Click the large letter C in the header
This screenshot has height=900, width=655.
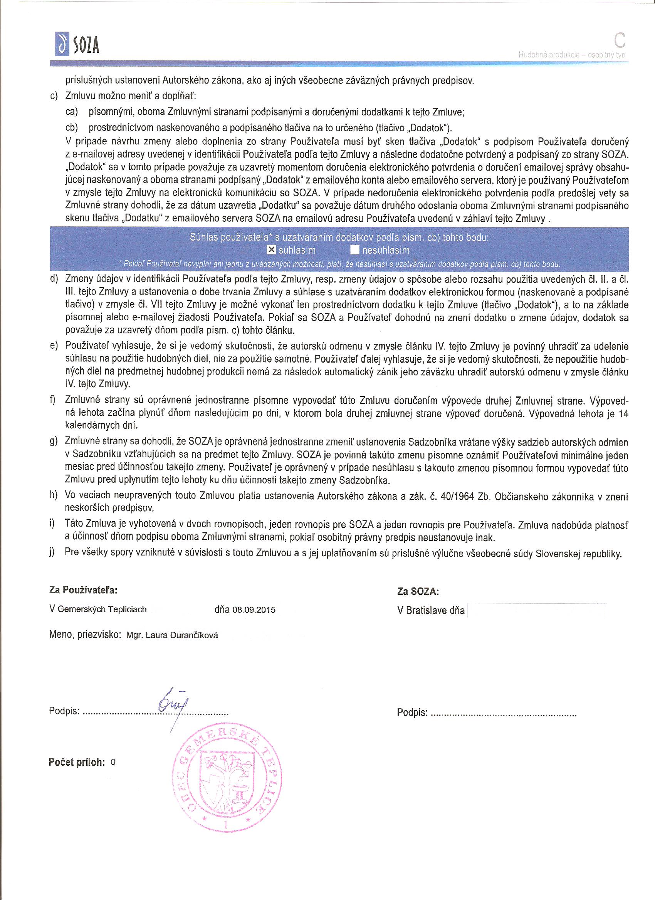click(619, 40)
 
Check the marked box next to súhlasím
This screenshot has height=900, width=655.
click(271, 250)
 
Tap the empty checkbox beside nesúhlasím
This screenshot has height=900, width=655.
click(355, 250)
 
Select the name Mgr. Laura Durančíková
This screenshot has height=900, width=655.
click(171, 635)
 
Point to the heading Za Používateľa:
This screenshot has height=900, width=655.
click(83, 590)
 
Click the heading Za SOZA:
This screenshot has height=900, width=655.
click(418, 592)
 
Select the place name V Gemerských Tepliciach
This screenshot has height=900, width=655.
click(98, 609)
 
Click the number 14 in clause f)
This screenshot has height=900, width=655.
click(624, 414)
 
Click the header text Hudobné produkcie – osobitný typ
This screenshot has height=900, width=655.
click(572, 55)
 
